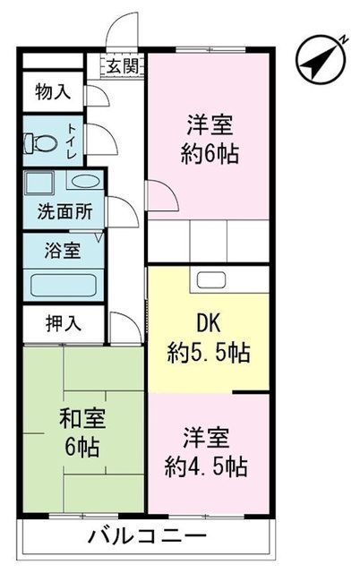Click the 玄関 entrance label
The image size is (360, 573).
(123, 67)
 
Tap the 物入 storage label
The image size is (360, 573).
(53, 91)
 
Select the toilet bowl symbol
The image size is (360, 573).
(40, 143)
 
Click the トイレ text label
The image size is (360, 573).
(72, 141)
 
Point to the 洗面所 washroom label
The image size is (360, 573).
(65, 211)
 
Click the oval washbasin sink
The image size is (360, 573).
(85, 181)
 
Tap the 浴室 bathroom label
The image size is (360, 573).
(63, 251)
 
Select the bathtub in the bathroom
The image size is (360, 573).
(64, 286)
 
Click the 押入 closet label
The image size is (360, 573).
(64, 323)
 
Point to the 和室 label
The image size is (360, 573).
(82, 418)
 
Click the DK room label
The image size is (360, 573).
(209, 323)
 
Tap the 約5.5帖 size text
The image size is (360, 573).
(209, 353)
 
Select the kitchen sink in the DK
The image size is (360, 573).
(211, 280)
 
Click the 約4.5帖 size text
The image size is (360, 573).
(206, 466)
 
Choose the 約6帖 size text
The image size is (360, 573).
(210, 153)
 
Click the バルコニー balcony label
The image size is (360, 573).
(148, 537)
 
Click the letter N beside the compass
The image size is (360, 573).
(344, 39)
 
